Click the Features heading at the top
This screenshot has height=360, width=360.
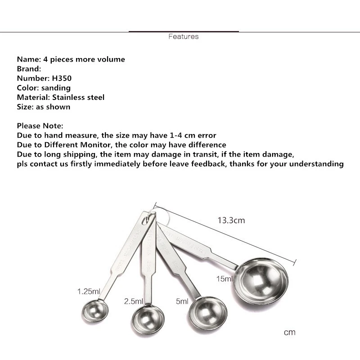click(183, 36)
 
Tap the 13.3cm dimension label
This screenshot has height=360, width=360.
click(231, 220)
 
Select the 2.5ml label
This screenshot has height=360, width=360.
click(133, 301)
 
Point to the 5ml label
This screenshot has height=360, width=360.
click(182, 301)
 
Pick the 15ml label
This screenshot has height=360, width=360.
click(225, 279)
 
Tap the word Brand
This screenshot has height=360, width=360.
click(28, 69)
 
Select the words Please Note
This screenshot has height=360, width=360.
click(40, 126)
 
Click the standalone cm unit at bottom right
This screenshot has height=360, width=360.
click(289, 333)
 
